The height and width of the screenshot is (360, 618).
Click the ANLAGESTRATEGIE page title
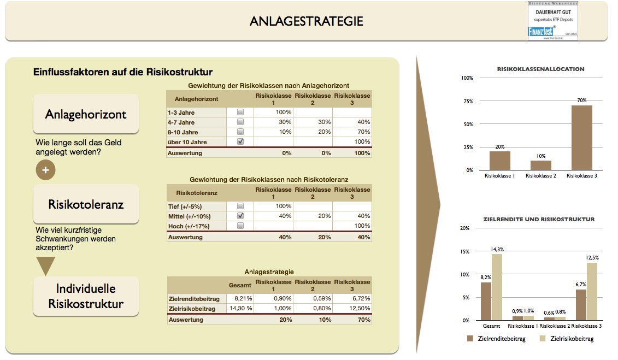[306, 21]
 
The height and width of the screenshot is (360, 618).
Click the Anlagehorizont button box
[86, 114]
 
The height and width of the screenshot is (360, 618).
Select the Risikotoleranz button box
[86, 205]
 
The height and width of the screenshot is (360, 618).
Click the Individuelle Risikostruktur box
[86, 296]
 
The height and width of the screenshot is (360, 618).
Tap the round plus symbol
[45, 170]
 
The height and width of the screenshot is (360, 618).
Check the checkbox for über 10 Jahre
[240, 141]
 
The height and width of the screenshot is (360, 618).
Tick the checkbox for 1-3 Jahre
[240, 112]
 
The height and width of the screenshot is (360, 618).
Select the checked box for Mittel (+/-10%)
[240, 216]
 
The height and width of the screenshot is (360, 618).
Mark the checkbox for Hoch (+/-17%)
[240, 226]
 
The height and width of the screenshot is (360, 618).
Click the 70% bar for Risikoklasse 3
[581, 138]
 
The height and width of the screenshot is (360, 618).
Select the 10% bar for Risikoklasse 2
[540, 165]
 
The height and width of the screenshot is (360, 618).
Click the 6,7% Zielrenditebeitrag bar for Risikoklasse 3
[581, 304]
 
